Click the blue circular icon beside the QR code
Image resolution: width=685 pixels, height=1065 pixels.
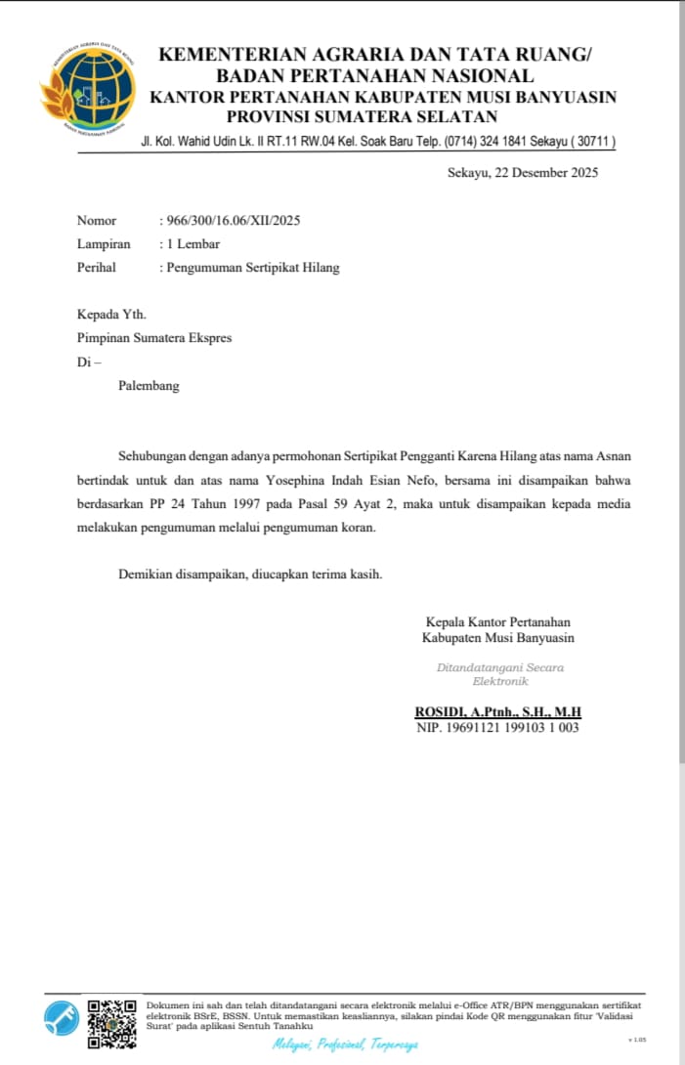(62, 1019)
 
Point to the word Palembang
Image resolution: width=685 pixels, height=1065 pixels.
(149, 386)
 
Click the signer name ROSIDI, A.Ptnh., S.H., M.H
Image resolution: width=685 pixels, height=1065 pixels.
(498, 712)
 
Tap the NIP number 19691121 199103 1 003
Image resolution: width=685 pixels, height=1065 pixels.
(498, 728)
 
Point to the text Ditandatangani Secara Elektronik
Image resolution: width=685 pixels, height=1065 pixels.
(499, 674)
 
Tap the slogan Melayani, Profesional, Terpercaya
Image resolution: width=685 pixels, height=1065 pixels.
(345, 1045)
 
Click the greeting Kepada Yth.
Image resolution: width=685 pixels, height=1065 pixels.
(111, 315)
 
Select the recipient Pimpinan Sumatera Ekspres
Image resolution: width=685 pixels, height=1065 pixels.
(154, 338)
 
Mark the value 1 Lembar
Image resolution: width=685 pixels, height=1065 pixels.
(193, 244)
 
